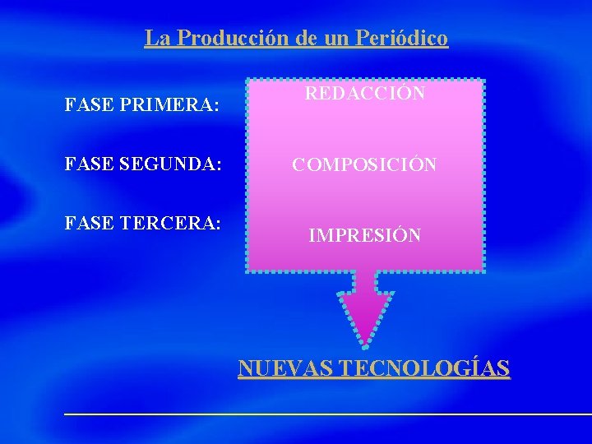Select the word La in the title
point(155,38)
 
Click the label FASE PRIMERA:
point(141,105)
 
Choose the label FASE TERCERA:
point(142,223)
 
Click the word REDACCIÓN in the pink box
point(365,93)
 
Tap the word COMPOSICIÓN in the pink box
point(365,164)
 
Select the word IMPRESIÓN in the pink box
point(365,235)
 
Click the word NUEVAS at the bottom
point(284,368)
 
